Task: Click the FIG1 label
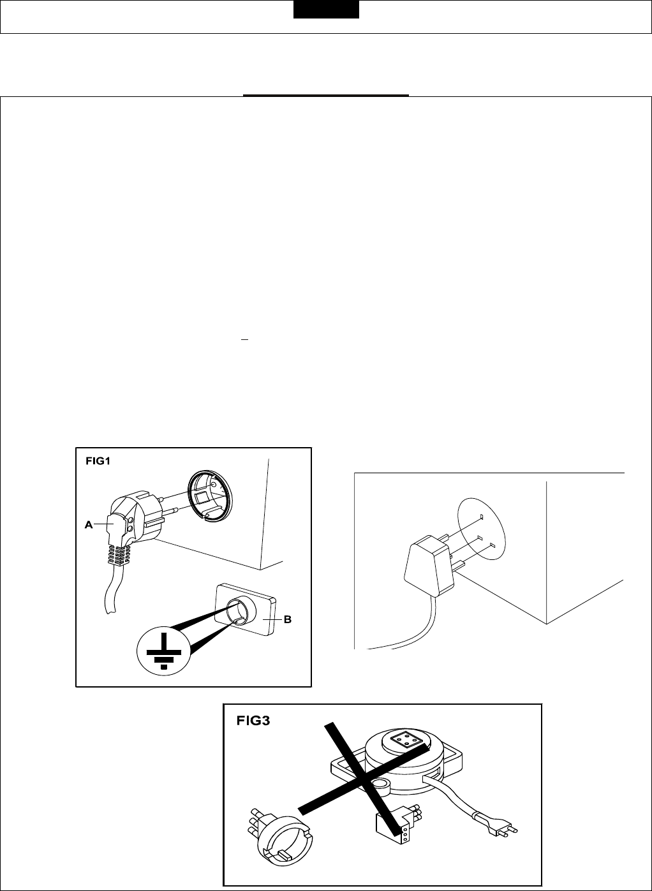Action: [x=98, y=461]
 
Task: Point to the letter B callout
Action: [x=287, y=619]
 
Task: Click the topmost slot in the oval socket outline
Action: [x=482, y=517]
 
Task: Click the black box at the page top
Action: [x=326, y=10]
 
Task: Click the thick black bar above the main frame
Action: [x=325, y=96]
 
